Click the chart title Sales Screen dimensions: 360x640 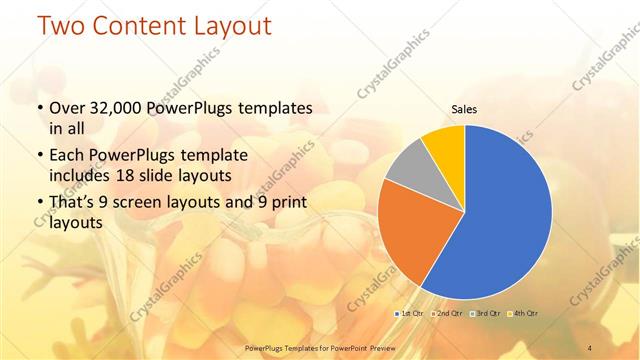[464, 109]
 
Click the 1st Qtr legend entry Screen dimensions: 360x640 [410, 314]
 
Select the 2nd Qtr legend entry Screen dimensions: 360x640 [446, 314]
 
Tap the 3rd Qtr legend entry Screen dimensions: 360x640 [484, 314]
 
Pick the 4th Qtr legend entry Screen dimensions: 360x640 [521, 314]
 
